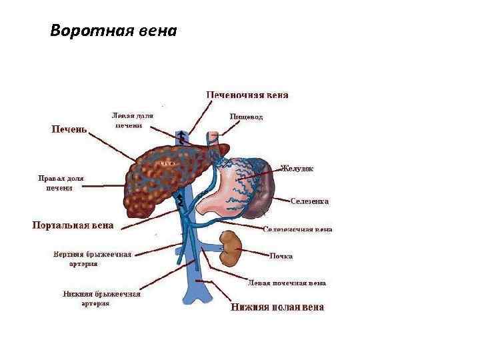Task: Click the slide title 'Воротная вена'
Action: (113, 31)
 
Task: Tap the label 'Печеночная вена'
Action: (247, 95)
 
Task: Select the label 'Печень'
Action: (70, 129)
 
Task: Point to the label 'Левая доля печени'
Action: (133, 120)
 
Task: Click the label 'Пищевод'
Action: (246, 117)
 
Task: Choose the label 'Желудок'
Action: (297, 169)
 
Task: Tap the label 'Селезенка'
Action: (310, 201)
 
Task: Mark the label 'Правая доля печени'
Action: (59, 183)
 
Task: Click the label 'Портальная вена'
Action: (73, 225)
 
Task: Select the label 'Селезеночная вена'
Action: (297, 229)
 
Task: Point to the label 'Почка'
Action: (281, 256)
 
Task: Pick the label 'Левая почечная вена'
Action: (287, 283)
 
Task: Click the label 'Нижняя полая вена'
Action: (277, 307)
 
